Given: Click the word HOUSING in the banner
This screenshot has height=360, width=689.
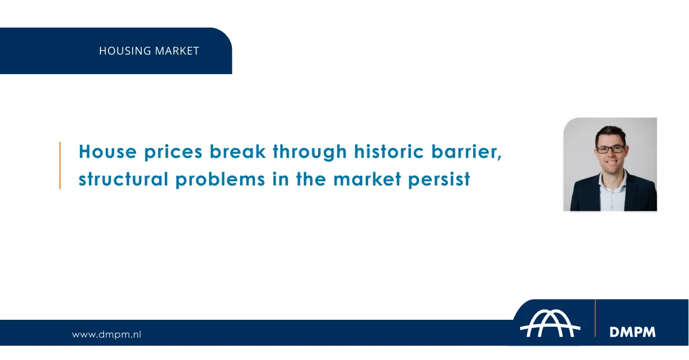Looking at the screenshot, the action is coord(125,51).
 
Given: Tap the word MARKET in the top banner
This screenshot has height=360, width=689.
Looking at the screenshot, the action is coord(177,51).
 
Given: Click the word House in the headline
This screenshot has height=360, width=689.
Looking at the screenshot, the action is coord(108,152).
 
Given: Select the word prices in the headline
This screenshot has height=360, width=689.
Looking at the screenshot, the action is coord(173,153).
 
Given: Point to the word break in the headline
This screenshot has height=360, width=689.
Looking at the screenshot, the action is coord(238,152).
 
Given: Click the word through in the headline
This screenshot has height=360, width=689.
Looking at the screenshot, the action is coord(310,152).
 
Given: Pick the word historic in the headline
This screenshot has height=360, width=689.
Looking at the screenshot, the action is coord(389,152).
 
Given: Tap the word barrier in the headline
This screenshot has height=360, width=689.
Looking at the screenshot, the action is coord(464,152).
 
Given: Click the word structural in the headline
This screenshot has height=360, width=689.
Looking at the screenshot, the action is coord(123,179).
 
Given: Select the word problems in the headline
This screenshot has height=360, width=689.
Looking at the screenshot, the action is coord(220,180).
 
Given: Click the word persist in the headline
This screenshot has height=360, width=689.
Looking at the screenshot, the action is coord(439,180).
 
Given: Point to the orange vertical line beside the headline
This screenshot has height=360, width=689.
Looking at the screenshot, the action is coord(60,165).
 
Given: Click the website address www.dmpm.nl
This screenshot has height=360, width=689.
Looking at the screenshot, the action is coord(106,335).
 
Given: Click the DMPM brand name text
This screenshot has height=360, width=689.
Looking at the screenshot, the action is coord(632,332).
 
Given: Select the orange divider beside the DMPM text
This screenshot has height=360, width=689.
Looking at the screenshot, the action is coord(595,318).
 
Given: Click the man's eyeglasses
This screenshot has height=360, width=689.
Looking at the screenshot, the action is coord(610,149).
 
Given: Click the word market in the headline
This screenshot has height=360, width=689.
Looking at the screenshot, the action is coord(367,179).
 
